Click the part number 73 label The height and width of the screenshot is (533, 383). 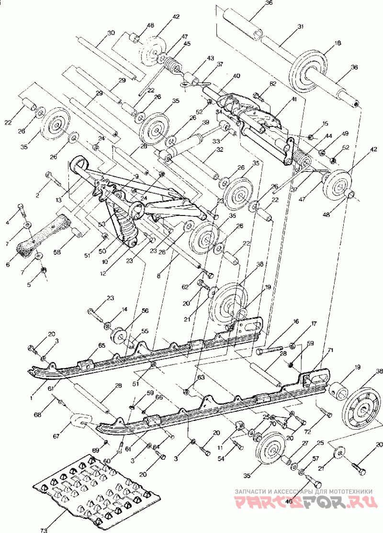pos(44,530)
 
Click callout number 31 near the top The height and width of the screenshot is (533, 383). pos(301,27)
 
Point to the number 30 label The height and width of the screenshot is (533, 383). pos(111,33)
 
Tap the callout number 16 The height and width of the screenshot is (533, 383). pos(296,322)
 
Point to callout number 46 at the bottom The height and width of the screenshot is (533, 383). pos(289,501)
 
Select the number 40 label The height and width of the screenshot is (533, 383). pos(236,76)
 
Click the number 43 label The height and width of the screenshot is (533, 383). pos(210,58)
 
